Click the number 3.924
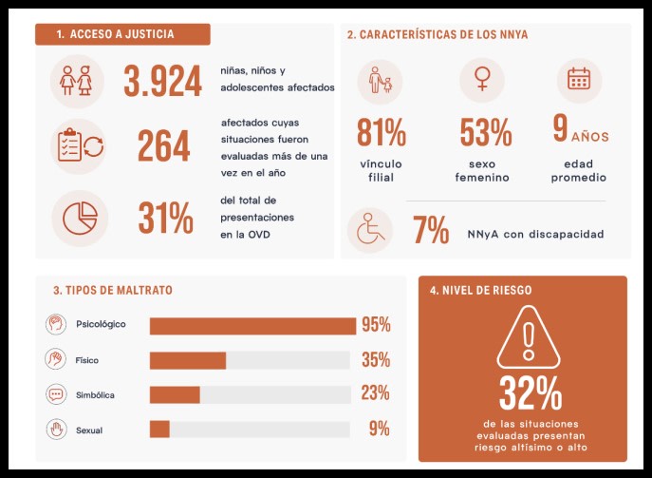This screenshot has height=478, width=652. pyautogui.click(x=162, y=81)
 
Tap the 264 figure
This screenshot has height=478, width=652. pyautogui.click(x=164, y=145)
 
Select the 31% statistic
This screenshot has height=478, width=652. pyautogui.click(x=165, y=218)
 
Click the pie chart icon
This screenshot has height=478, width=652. pyautogui.click(x=80, y=218)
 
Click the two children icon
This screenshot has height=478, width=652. pyautogui.click(x=76, y=81)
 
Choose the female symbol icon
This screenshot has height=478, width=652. pyautogui.click(x=482, y=79)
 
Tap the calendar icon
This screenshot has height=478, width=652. pyautogui.click(x=579, y=78)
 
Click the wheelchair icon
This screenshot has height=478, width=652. pyautogui.click(x=370, y=229)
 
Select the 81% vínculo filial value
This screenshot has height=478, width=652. pyautogui.click(x=382, y=132)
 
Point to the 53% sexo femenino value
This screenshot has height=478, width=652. pyautogui.click(x=486, y=132)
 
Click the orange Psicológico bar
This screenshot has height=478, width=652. pyautogui.click(x=252, y=326)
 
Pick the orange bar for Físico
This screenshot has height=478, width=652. pyautogui.click(x=188, y=360)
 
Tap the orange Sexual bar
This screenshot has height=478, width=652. pyautogui.click(x=159, y=430)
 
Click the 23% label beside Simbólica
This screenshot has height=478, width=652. pyautogui.click(x=375, y=393)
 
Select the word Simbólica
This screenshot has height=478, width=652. pyautogui.click(x=95, y=395)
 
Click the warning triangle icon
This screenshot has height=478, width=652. pyautogui.click(x=529, y=337)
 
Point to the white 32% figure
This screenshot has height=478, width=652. pyautogui.click(x=531, y=393)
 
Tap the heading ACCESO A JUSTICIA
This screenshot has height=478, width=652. pyautogui.click(x=121, y=34)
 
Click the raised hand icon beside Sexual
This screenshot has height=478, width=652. pyautogui.click(x=57, y=430)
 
